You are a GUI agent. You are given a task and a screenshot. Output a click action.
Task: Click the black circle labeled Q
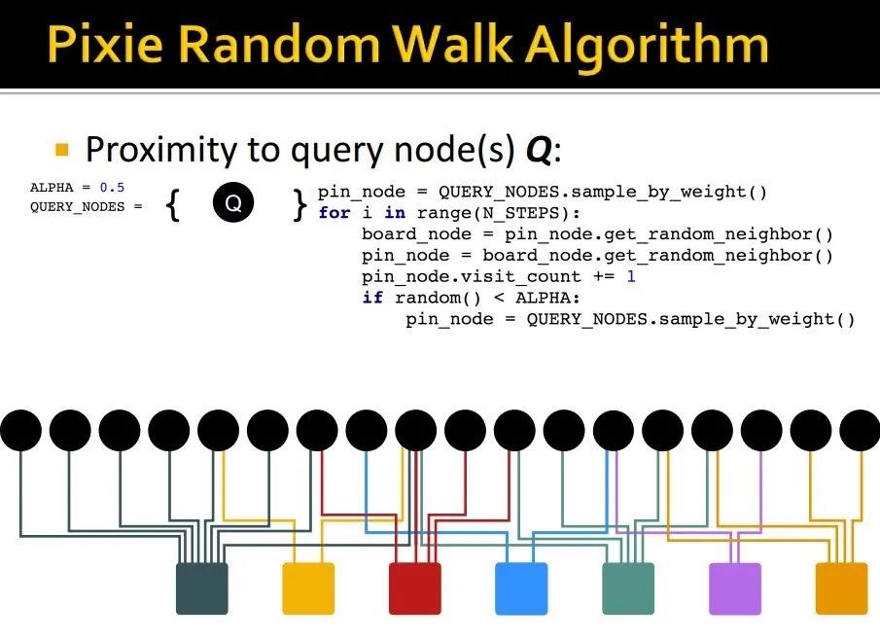tap(233, 203)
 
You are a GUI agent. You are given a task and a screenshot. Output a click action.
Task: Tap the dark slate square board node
tap(201, 588)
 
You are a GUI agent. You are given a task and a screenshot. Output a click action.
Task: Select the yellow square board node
tap(308, 588)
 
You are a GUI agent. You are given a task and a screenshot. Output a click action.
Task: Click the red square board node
tap(415, 588)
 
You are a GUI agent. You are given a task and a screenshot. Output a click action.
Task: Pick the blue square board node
tap(521, 588)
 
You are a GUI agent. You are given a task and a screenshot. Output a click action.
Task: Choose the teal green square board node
tap(628, 588)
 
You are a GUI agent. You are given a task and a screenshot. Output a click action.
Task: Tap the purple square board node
tap(734, 588)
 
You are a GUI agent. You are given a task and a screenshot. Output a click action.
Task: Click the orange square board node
tap(841, 588)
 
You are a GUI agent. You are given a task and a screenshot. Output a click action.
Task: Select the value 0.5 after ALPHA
tap(112, 187)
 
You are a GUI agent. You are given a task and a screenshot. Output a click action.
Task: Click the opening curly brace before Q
tap(173, 204)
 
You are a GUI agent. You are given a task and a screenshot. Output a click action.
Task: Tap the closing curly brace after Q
tap(299, 204)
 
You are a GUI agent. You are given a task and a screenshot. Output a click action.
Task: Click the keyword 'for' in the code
tap(334, 213)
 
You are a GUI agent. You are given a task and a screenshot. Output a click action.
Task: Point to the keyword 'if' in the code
tap(372, 298)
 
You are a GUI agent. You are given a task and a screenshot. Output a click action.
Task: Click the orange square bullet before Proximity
tap(63, 150)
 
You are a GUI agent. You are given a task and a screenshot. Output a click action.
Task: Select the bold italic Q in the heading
tap(538, 150)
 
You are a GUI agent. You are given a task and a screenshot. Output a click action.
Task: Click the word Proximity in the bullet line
tap(160, 150)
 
